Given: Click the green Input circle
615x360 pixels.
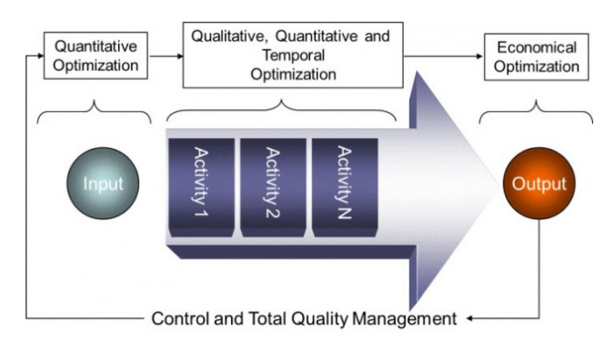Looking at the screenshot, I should point(103,184).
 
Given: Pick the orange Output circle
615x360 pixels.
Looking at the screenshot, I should point(539,184).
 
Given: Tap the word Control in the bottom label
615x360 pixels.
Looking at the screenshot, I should point(177,319).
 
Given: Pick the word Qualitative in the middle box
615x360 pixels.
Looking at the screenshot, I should point(224,36).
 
